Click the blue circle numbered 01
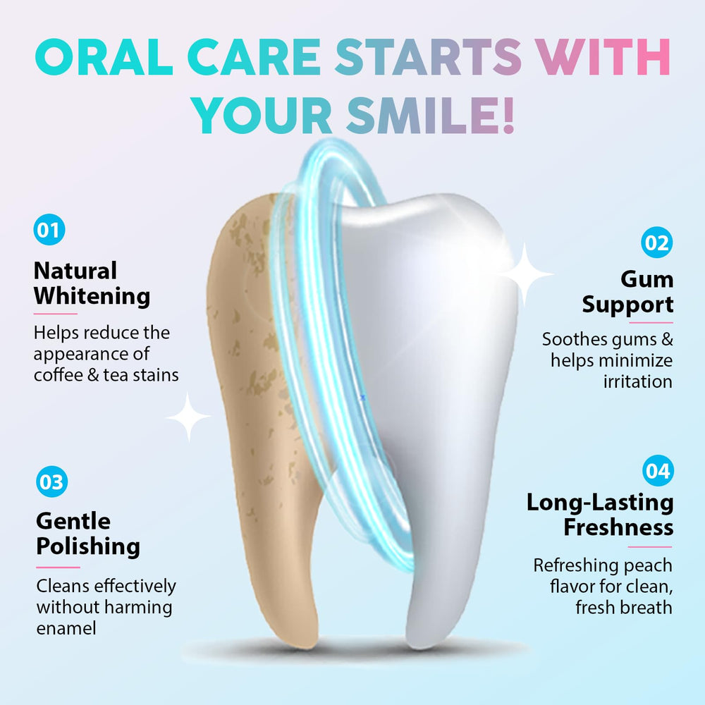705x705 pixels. [49, 229]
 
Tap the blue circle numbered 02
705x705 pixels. [656, 243]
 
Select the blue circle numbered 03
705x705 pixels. [51, 482]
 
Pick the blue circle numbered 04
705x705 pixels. [658, 471]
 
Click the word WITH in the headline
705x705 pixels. [603, 56]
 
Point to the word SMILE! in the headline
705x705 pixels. [430, 116]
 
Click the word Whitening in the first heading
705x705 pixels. [92, 297]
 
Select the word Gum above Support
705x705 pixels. [647, 280]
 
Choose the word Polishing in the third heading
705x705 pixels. [88, 547]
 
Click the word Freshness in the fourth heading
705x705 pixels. [618, 527]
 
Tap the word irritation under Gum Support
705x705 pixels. [637, 381]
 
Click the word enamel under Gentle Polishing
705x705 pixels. [66, 628]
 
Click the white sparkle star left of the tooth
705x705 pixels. [188, 417]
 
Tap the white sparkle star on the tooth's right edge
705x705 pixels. [525, 274]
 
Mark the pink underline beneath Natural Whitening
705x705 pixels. [55, 314]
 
